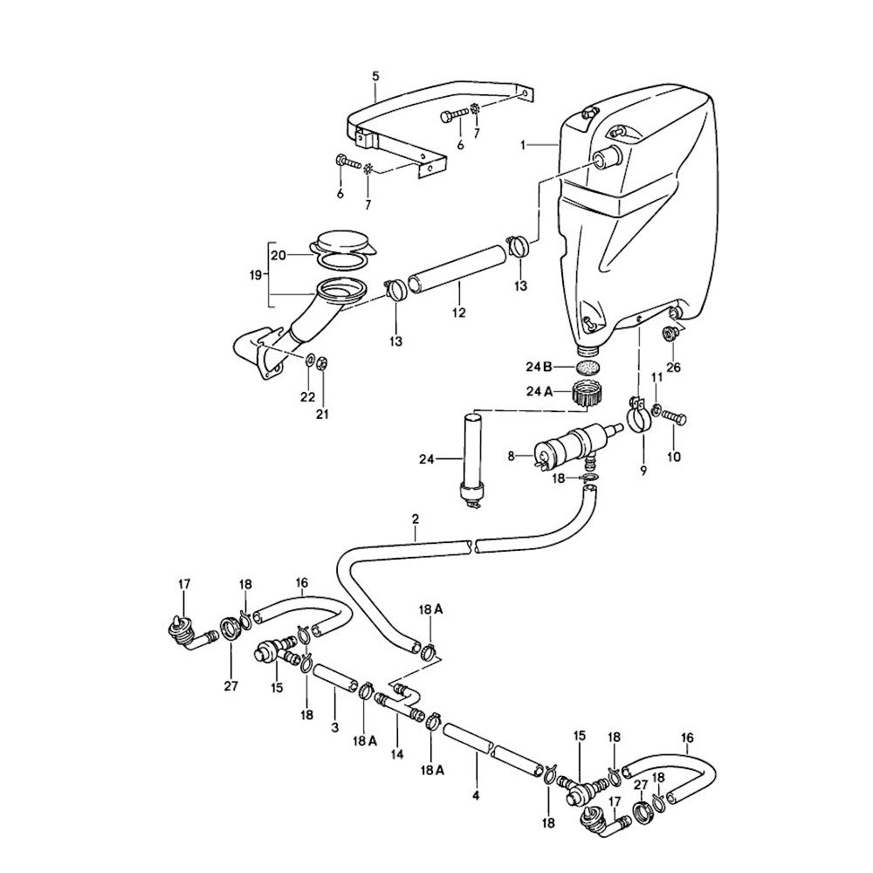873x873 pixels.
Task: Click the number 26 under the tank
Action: click(673, 368)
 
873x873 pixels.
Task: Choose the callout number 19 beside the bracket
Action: click(254, 273)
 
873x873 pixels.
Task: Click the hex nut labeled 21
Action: click(320, 362)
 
